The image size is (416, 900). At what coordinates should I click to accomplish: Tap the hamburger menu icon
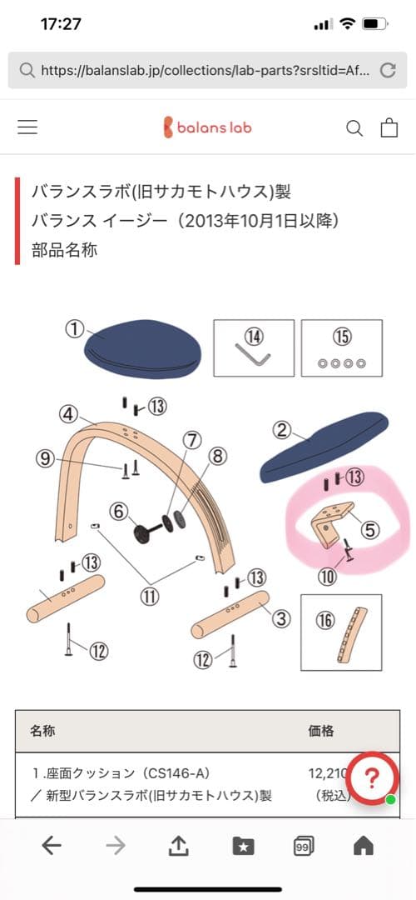coord(27,127)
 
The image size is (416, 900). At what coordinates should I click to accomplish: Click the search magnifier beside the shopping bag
coord(354,128)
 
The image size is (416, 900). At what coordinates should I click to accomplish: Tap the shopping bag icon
coord(389,127)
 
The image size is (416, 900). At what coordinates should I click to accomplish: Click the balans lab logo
coord(208,127)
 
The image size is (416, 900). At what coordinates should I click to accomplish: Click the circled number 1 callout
coord(75,330)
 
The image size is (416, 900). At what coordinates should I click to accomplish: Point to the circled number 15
coord(342,337)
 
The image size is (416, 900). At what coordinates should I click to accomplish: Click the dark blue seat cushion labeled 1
coord(143,349)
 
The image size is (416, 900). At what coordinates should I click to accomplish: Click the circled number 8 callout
coord(218,457)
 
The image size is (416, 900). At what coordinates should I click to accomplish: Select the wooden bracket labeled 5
coord(332,521)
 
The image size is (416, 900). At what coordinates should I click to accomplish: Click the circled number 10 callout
coord(329,577)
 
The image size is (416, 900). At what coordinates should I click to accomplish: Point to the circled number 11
coord(150,597)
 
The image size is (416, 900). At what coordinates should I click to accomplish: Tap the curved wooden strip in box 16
coord(351,636)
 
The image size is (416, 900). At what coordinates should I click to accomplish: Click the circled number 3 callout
coord(281,618)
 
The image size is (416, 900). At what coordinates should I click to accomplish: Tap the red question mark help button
coord(372,778)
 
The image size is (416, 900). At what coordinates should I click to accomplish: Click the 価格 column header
coord(321,731)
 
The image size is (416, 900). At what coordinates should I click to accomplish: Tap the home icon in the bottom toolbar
coord(364,846)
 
